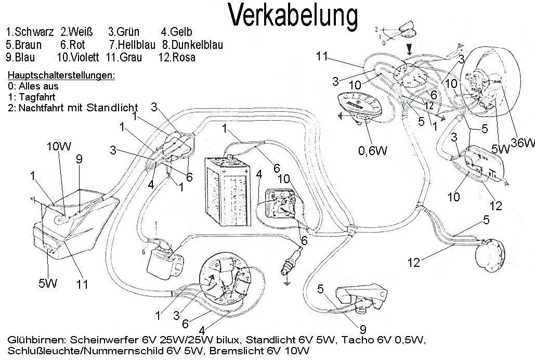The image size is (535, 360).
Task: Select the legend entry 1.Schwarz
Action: coord(30,32)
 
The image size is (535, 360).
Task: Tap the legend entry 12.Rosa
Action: coord(178,57)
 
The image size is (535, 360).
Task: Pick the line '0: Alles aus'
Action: coord(33,86)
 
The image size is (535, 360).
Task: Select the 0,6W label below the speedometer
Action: coord(374,151)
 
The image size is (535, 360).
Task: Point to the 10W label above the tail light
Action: coord(59,146)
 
